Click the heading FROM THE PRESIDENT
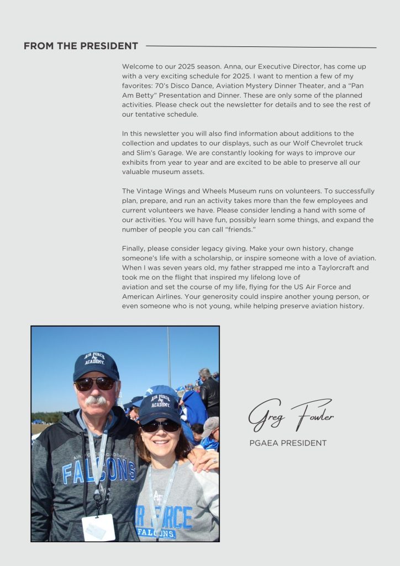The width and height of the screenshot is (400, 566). [x=81, y=46]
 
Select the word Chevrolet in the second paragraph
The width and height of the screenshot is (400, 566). [x=323, y=143]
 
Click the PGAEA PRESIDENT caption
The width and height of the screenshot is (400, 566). [x=288, y=443]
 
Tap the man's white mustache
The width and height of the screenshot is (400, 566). [x=97, y=400]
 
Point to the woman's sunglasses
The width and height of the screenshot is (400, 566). [x=160, y=426]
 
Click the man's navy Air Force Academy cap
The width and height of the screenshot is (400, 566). [x=96, y=365]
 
